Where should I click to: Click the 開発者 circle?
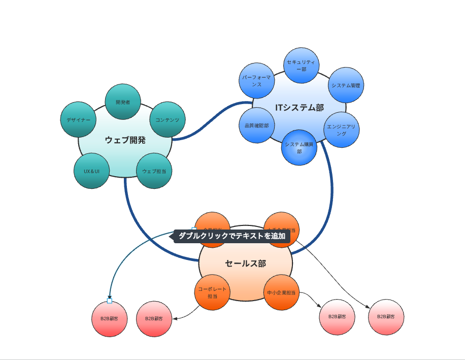(x=123, y=102)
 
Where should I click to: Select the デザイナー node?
(x=78, y=120)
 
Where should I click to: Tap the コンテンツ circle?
(x=168, y=120)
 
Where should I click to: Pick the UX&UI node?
(x=92, y=171)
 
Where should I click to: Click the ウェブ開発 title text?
(x=125, y=140)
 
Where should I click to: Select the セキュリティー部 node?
(x=301, y=66)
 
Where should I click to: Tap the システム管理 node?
(x=346, y=85)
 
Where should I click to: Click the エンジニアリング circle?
(x=342, y=129)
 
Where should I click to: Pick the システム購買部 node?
(x=300, y=147)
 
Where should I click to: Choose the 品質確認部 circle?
(x=256, y=125)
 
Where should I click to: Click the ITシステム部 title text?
(x=300, y=108)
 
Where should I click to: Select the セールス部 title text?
(x=246, y=264)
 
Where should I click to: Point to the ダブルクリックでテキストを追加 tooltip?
(x=231, y=236)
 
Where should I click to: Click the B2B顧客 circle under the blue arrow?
(x=110, y=319)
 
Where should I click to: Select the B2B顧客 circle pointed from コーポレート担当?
(x=154, y=319)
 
